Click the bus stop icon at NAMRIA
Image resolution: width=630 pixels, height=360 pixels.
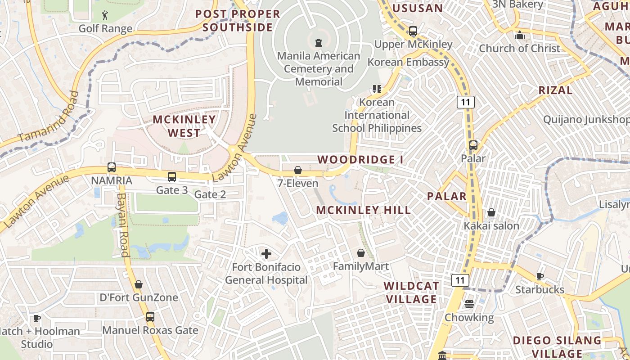click(x=112, y=167)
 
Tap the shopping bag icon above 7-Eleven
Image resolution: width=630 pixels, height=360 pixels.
click(x=297, y=170)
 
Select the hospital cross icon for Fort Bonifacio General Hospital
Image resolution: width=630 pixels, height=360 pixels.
click(x=266, y=254)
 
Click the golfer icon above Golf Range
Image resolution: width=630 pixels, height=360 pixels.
click(x=105, y=15)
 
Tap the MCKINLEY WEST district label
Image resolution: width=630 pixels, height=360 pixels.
click(x=184, y=126)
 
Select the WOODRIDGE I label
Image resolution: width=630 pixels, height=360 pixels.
click(x=360, y=160)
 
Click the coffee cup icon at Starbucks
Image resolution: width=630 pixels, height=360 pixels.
click(x=540, y=276)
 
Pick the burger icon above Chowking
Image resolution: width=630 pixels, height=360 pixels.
click(x=469, y=304)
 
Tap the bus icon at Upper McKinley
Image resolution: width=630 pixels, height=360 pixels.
click(x=413, y=31)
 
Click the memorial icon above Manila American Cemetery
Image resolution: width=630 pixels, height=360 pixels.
click(x=319, y=43)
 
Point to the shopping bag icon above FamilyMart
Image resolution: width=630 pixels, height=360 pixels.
click(x=360, y=253)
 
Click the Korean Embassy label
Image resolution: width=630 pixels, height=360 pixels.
click(x=409, y=62)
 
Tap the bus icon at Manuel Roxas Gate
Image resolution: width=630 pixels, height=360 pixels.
click(x=150, y=317)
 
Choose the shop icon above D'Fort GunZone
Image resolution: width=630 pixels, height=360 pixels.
click(x=139, y=284)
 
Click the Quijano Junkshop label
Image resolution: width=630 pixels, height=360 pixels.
click(x=586, y=120)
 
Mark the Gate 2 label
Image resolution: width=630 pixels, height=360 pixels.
click(x=210, y=194)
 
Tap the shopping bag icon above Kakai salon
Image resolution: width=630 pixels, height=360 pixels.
click(x=491, y=212)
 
